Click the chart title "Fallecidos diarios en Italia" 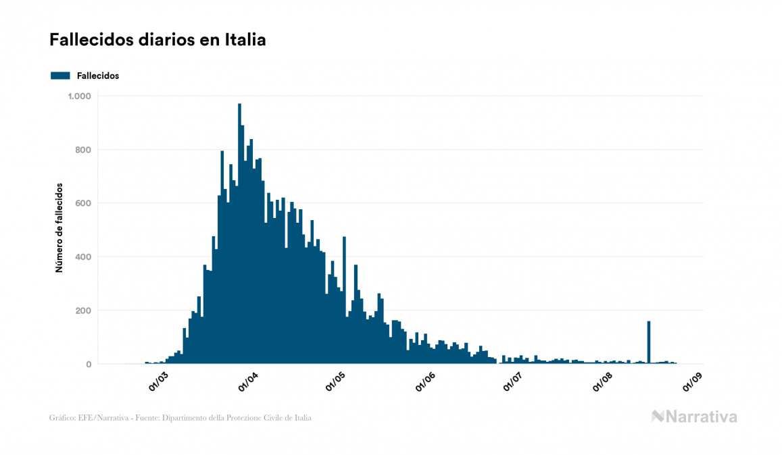(x=157, y=41)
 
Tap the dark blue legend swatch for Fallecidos (x=60, y=76)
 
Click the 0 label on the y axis (x=88, y=365)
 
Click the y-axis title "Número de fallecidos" (x=59, y=228)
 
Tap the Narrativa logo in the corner (x=694, y=417)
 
